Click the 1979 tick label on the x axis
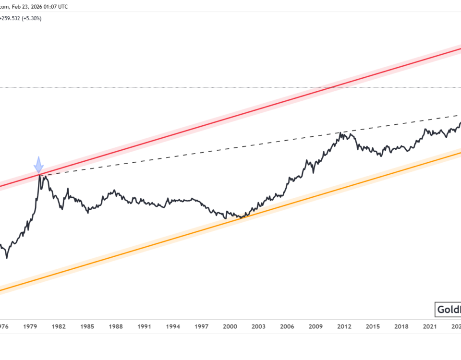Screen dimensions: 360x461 coord(30,326)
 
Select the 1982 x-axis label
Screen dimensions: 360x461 coord(59,326)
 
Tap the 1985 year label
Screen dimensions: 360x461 coord(87,326)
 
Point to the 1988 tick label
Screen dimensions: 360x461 coord(116,326)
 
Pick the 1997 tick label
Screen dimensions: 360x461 coord(202,326)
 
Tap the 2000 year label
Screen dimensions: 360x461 coord(230,326)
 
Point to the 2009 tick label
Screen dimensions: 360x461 coord(315,326)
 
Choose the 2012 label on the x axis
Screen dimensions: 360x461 coord(344,326)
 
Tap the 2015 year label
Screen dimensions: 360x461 coord(373,326)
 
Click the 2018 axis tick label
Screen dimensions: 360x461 coord(401,326)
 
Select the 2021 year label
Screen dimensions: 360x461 coord(430,326)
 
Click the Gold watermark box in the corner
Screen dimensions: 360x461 coord(448,310)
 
